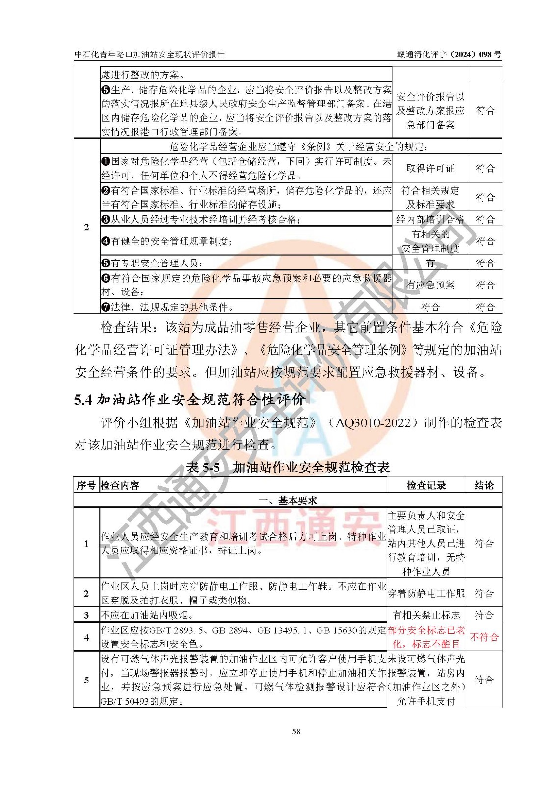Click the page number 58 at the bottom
296,731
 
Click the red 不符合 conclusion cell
484,637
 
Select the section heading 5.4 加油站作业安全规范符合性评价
189,399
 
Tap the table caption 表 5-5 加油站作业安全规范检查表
288,467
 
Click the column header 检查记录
426,485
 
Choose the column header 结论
484,485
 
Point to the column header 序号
86,485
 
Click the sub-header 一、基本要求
288,500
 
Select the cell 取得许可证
430,168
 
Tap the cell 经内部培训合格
430,219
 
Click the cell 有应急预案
430,285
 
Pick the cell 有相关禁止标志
426,615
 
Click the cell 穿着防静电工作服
426,593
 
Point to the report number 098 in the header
486,54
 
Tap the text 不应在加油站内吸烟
147,615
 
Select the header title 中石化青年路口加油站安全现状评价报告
149,54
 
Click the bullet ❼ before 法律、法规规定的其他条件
106,307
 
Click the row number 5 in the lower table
86,680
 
